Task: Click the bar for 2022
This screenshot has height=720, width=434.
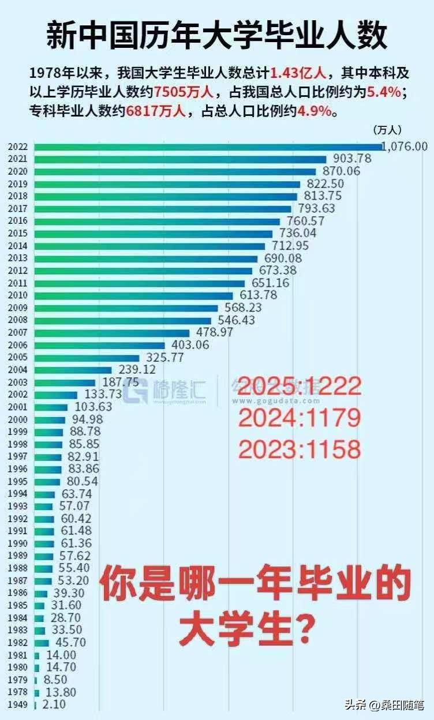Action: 208,147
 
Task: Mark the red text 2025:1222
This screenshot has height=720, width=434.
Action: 300,385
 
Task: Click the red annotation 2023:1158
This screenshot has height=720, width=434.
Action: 300,449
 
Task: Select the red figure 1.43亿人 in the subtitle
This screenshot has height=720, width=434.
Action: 299,74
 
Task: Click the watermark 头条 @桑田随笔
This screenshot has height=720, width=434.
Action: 384,705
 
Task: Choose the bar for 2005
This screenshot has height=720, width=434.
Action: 87,358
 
